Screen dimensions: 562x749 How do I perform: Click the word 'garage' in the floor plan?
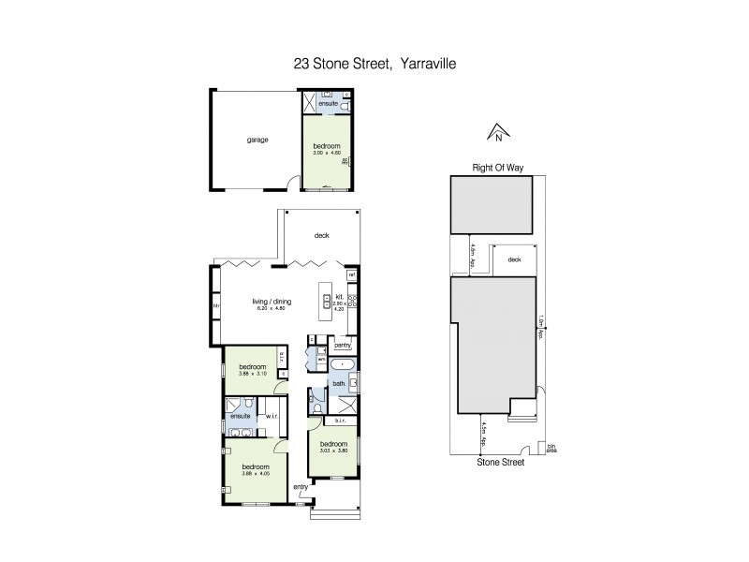[257, 140]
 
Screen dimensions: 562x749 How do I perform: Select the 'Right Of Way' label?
[496, 170]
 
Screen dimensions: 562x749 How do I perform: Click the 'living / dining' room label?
[273, 302]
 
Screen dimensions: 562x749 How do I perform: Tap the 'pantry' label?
[341, 344]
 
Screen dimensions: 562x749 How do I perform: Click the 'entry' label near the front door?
[301, 487]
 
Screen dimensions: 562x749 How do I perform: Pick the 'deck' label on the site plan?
[513, 260]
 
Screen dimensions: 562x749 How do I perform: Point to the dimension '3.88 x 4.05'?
[255, 472]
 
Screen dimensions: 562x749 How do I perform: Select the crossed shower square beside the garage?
[310, 104]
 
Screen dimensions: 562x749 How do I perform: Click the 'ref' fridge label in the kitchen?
[351, 275]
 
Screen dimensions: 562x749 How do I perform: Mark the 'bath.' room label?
[338, 384]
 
